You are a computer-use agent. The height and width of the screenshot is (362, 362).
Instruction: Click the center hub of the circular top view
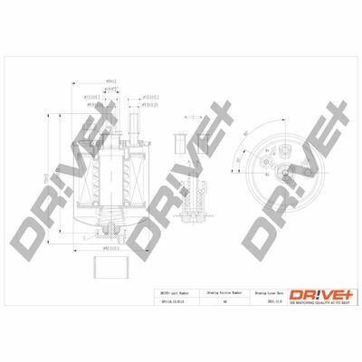pyautogui.click(x=284, y=171)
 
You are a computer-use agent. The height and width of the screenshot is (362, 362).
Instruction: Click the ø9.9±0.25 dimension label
pyautogui.click(x=154, y=106)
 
